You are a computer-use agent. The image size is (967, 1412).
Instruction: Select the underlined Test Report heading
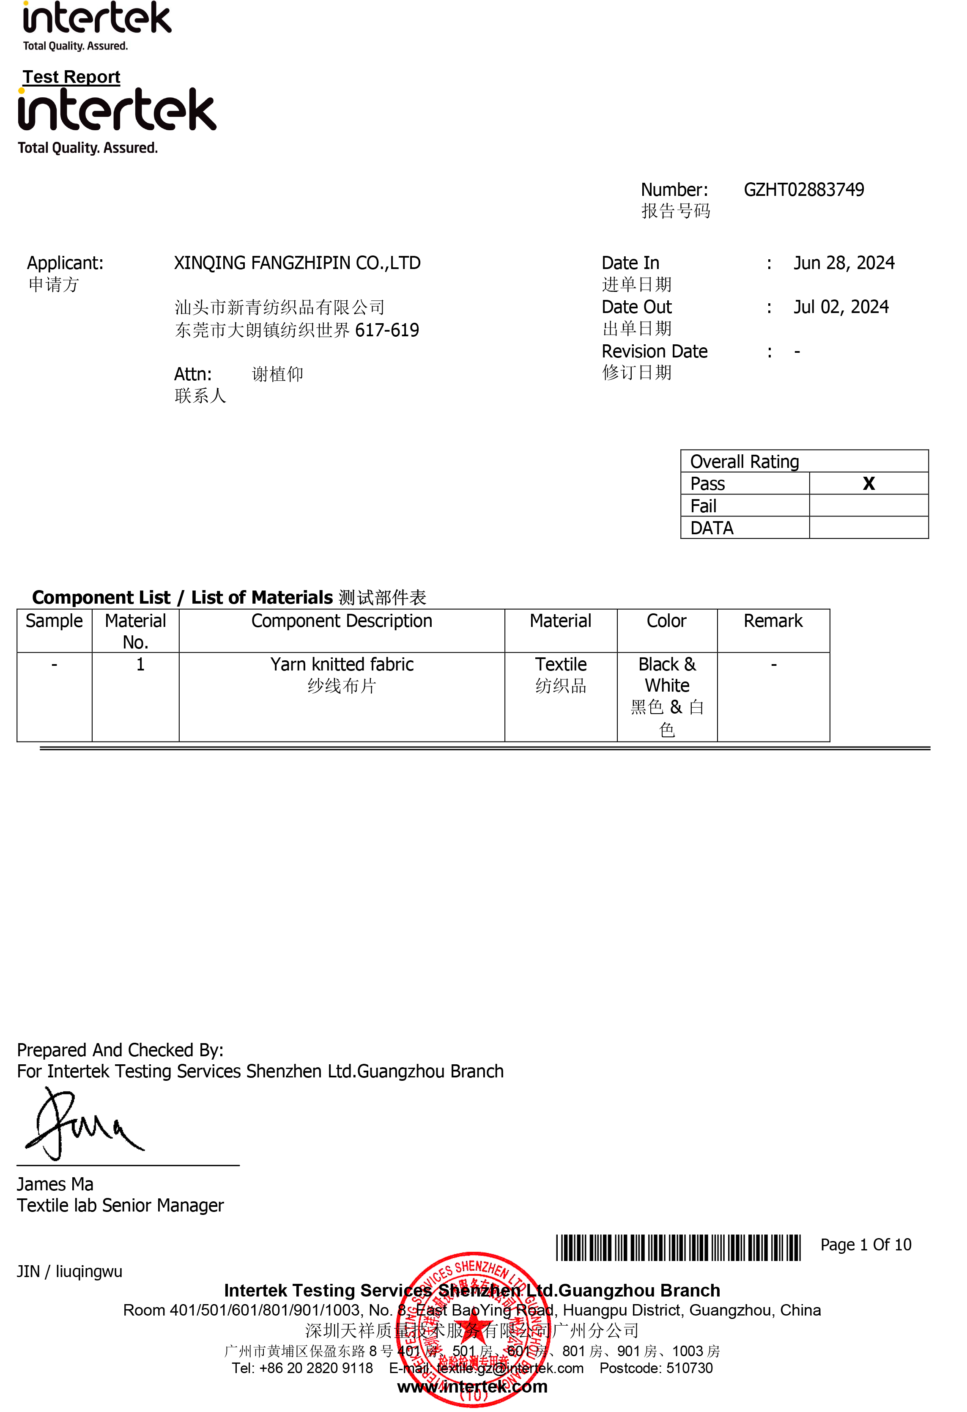(72, 77)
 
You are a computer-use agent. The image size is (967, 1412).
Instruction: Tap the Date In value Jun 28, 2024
(844, 263)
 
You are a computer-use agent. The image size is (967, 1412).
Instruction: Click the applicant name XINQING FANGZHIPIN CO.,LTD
(297, 263)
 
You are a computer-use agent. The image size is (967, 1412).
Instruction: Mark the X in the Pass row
(868, 483)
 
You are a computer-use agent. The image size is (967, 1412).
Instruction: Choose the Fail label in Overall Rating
(704, 506)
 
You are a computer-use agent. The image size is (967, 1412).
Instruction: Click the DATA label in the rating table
(712, 528)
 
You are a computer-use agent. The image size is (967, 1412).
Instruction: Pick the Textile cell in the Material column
(560, 665)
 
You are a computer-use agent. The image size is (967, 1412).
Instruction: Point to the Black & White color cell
(666, 675)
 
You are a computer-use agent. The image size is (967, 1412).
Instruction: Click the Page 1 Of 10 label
(865, 1245)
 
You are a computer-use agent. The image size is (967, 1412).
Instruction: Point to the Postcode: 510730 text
(655, 1368)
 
